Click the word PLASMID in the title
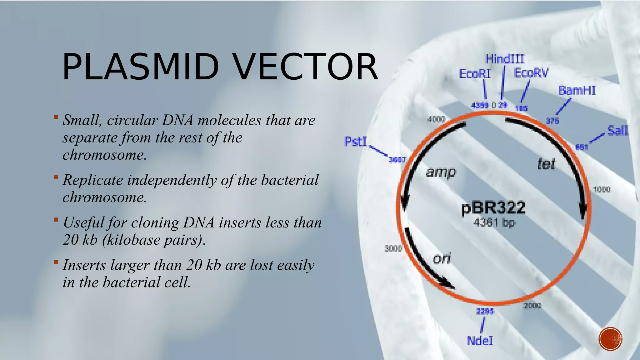coord(141,67)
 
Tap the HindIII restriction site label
coord(505,59)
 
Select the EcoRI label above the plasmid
coord(475,74)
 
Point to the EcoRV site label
coord(531,73)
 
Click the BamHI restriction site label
coord(577,91)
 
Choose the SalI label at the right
coord(617,130)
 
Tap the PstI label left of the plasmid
coord(355,142)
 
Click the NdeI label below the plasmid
coord(480,341)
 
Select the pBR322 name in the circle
coord(493,208)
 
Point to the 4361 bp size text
coord(494,222)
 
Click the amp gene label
coord(441,172)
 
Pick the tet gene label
coord(546,164)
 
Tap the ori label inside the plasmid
coord(442,258)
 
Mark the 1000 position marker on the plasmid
coord(602,189)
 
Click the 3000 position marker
coord(393,248)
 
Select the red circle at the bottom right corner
coord(610,339)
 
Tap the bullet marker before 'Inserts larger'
coord(56,262)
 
